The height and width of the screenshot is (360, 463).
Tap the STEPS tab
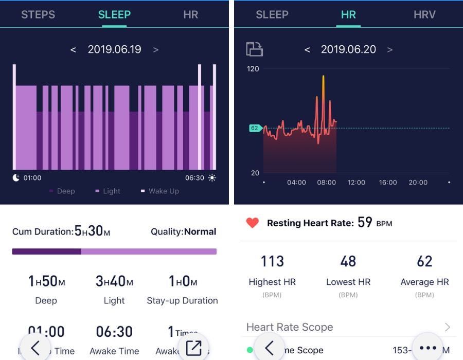[x=38, y=15]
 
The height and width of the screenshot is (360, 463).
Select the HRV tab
[x=424, y=15]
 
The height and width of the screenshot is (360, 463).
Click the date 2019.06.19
[x=114, y=49]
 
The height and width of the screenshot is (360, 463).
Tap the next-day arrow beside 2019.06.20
[x=390, y=50]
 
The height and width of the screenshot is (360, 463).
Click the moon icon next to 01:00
[x=16, y=178]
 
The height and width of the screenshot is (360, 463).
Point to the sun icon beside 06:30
[x=212, y=178]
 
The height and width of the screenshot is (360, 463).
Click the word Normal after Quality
[x=200, y=231]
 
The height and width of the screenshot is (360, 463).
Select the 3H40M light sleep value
[x=114, y=281]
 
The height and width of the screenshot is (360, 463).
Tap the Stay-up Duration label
[x=182, y=300]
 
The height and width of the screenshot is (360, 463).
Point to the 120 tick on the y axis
[x=253, y=69]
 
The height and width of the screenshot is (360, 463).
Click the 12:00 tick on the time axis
[x=356, y=183]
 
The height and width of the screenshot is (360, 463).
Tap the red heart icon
[x=252, y=223]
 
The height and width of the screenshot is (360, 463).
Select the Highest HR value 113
[x=272, y=261]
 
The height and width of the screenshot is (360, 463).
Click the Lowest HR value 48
[x=348, y=261]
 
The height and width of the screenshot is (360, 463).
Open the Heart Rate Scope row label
[x=290, y=327]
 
